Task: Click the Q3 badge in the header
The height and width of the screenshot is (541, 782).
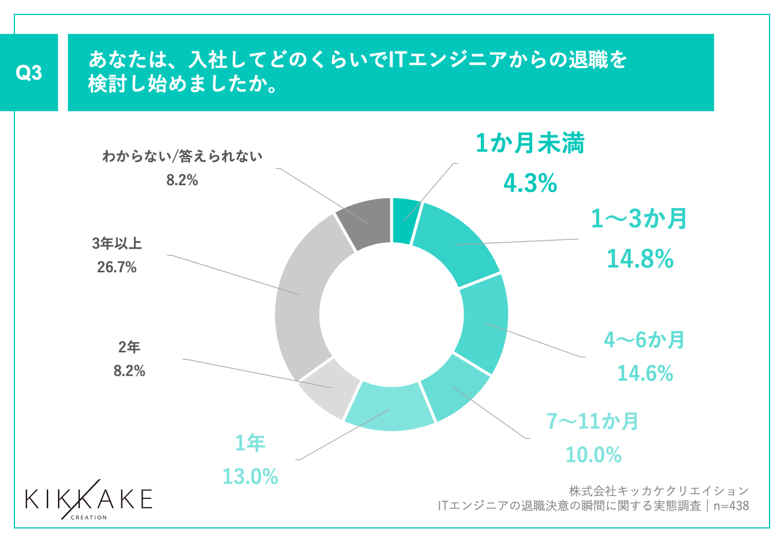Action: point(29,73)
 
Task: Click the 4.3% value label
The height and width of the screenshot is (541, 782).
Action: point(530,183)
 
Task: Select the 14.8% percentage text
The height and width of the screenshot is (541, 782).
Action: point(640,259)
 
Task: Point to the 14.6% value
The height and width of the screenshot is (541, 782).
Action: point(645,373)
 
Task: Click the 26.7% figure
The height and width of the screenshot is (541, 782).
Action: point(117,267)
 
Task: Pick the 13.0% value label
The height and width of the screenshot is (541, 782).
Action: point(250,476)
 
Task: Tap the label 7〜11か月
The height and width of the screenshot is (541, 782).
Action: point(592,421)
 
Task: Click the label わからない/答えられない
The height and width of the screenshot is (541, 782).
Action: point(182,157)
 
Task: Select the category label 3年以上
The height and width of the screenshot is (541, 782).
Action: point(117,243)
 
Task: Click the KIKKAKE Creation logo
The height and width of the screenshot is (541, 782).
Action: point(88,500)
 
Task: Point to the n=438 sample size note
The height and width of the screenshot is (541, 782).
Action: point(731,506)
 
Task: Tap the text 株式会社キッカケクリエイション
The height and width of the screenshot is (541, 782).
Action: point(658,491)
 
